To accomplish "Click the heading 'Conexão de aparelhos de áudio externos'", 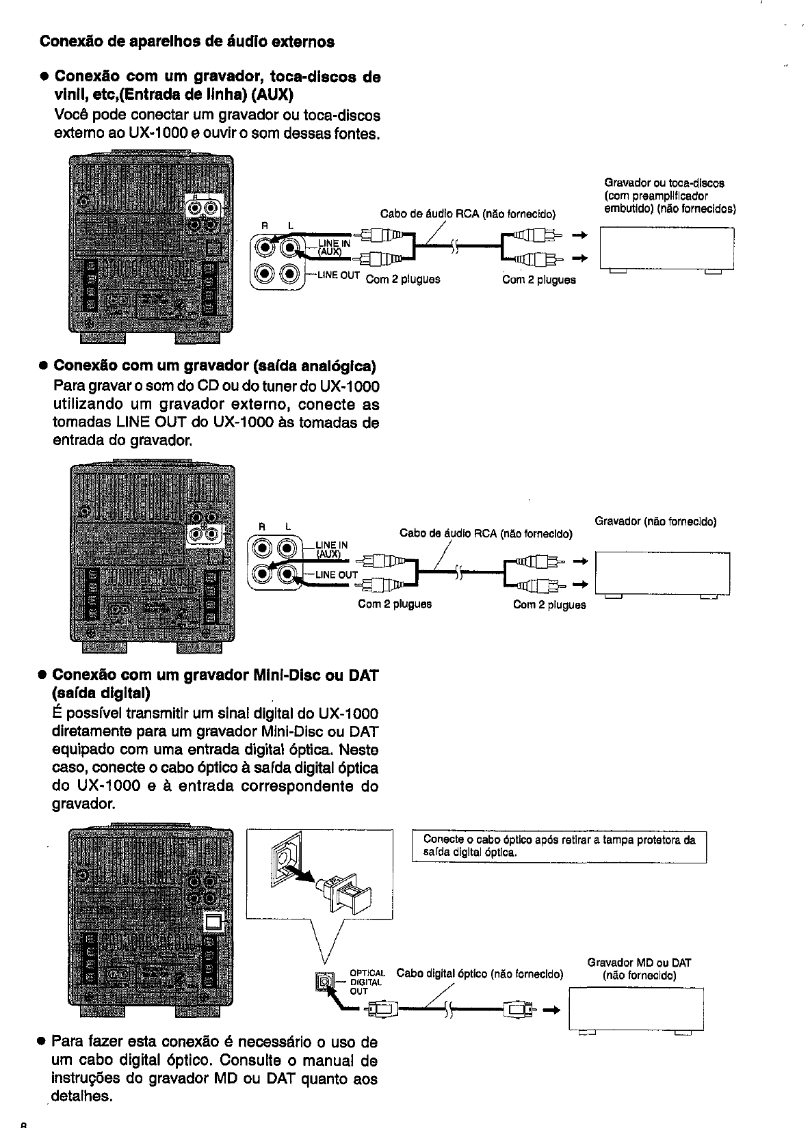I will (187, 42).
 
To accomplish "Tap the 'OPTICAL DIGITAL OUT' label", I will (367, 982).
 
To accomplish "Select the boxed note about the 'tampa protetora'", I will (558, 846).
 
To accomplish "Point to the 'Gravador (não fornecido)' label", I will (655, 522).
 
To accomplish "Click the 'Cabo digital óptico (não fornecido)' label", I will (480, 973).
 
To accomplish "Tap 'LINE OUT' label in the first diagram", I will (338, 275).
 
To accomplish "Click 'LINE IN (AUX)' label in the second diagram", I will (332, 549).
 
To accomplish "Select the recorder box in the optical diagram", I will (636, 1010).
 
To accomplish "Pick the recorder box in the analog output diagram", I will (662, 574).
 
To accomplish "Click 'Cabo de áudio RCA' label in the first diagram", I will (468, 213).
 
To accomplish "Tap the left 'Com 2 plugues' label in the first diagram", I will (403, 280).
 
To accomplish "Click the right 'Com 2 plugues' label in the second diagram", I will (549, 604).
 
